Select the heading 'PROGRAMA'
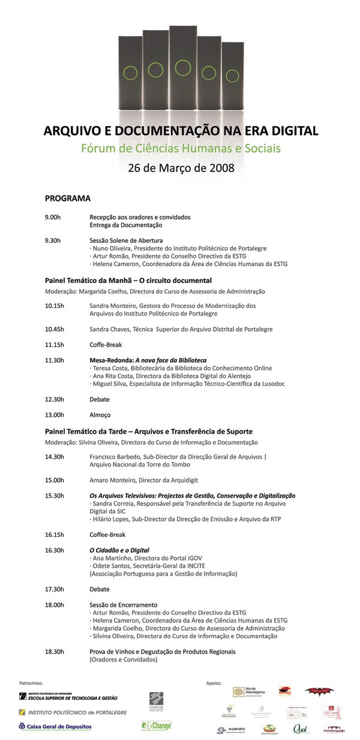[x=67, y=198]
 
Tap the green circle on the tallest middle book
[x=183, y=68]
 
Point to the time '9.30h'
[x=53, y=240]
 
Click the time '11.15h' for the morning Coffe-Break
[x=54, y=345]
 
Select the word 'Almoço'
[x=100, y=415]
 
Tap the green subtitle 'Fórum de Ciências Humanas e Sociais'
[x=181, y=148]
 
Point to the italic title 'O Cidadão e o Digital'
[x=119, y=550]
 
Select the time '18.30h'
[x=54, y=651]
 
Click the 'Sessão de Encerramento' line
[x=123, y=605]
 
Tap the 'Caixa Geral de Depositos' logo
[x=55, y=726]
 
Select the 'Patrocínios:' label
[x=31, y=682]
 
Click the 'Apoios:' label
[x=214, y=682]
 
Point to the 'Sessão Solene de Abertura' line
[x=126, y=240]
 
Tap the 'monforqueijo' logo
[x=334, y=729]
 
